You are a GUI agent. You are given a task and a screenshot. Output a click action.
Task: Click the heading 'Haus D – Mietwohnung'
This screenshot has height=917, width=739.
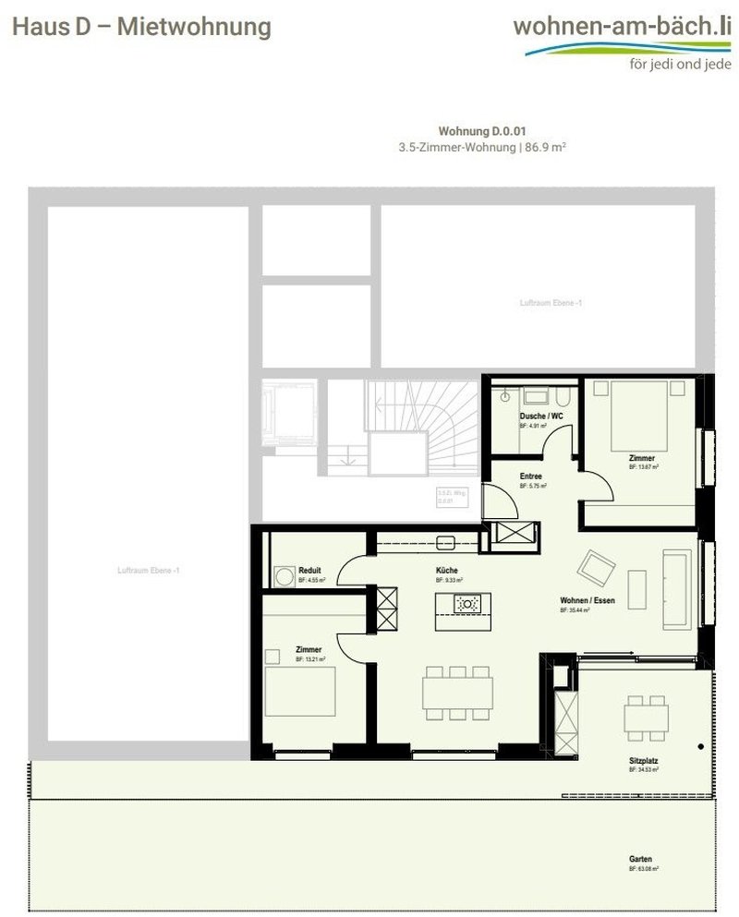coord(141,27)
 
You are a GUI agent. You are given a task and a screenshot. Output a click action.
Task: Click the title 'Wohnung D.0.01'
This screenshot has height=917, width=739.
coord(482,132)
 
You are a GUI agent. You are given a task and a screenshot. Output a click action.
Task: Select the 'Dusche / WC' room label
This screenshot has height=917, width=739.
coord(541,416)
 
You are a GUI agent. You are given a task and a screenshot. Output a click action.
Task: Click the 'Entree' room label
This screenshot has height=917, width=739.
coord(530,477)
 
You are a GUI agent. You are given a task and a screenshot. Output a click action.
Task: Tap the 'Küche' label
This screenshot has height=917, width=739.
coord(447,571)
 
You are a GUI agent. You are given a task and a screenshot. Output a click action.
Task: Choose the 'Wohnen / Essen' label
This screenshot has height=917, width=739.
coord(588,600)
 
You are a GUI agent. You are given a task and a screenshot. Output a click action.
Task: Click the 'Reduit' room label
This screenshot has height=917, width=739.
coord(309,571)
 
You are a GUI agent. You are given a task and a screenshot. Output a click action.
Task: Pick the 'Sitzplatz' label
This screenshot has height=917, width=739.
coord(643,762)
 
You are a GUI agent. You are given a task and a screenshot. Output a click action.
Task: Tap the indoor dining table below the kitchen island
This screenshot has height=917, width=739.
coord(457,692)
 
